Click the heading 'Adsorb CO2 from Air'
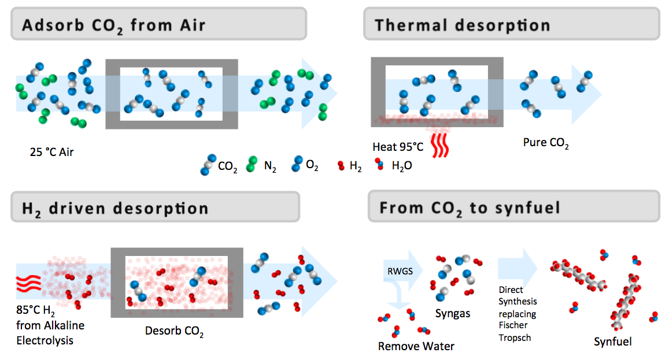point(114,25)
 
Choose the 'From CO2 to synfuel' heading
point(470,208)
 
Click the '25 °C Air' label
point(52,153)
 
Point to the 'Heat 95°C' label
point(398,147)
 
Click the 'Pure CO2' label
point(546,143)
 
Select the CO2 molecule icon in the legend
point(206,165)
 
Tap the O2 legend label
point(312,166)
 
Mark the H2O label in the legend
point(402,166)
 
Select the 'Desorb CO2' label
point(174,332)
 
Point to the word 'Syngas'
point(453,313)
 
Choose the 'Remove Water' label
point(416,346)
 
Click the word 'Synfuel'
point(613,342)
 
